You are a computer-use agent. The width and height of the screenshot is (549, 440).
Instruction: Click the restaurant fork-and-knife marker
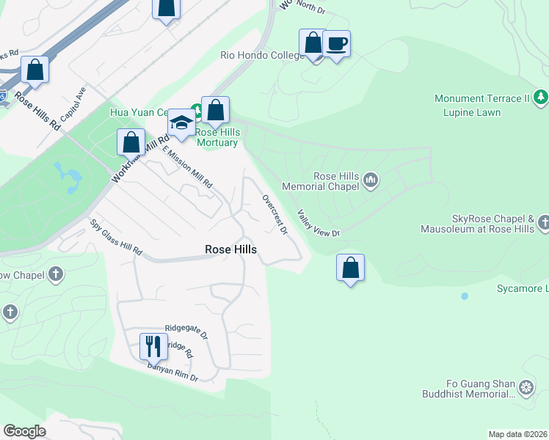152,345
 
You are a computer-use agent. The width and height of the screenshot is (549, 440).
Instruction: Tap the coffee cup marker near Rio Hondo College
336,44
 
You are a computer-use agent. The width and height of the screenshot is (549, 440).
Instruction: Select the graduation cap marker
181,122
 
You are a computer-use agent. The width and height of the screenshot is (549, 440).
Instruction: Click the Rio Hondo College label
262,56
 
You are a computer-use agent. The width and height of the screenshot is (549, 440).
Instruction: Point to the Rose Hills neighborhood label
230,250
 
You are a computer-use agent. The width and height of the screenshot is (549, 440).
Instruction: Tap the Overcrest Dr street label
274,215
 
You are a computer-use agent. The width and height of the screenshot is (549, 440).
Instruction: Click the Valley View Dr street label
319,224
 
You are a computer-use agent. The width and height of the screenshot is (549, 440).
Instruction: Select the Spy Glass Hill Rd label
116,238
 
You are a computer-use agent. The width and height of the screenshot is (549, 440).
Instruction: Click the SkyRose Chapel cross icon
543,221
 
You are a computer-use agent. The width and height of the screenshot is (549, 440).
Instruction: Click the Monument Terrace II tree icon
540,98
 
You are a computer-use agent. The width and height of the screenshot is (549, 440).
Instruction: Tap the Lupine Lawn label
471,113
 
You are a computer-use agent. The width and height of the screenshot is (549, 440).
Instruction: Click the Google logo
24,431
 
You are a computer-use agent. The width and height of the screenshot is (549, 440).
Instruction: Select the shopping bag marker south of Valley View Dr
351,268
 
